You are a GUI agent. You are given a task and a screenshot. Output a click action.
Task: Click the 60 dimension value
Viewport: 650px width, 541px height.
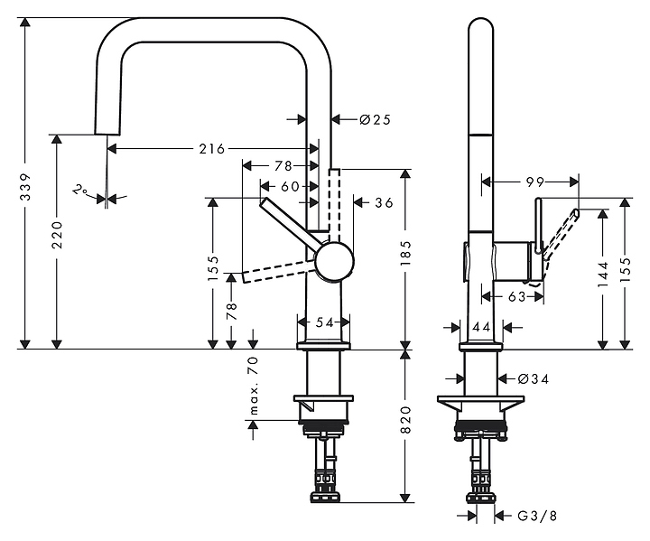pyautogui.click(x=289, y=185)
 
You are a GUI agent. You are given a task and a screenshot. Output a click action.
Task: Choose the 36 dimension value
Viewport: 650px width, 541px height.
pyautogui.click(x=384, y=202)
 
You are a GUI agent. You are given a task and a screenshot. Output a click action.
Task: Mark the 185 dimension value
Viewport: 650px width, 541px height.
pyautogui.click(x=406, y=252)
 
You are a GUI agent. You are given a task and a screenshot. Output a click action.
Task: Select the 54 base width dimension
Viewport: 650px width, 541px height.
pyautogui.click(x=324, y=322)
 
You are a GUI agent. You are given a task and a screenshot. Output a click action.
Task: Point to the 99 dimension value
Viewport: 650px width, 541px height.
pyautogui.click(x=535, y=181)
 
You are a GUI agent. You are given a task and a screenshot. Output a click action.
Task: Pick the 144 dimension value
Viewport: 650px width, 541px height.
pyautogui.click(x=602, y=272)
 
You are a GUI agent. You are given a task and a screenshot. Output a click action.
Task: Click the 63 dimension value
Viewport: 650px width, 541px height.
pyautogui.click(x=515, y=294)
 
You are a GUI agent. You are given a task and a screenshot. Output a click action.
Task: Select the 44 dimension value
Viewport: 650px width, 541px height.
pyautogui.click(x=480, y=325)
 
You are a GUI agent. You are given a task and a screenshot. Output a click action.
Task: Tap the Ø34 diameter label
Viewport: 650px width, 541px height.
pyautogui.click(x=534, y=378)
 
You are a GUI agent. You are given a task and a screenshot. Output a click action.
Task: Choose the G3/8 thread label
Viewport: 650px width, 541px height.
pyautogui.click(x=534, y=516)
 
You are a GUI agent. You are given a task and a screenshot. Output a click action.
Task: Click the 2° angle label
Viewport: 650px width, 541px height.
pyautogui.click(x=81, y=191)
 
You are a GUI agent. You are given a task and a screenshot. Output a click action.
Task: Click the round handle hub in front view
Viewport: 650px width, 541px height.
pyautogui.click(x=335, y=262)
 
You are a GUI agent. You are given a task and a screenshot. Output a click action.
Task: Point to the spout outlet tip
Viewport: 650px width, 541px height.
pyautogui.click(x=107, y=134)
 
